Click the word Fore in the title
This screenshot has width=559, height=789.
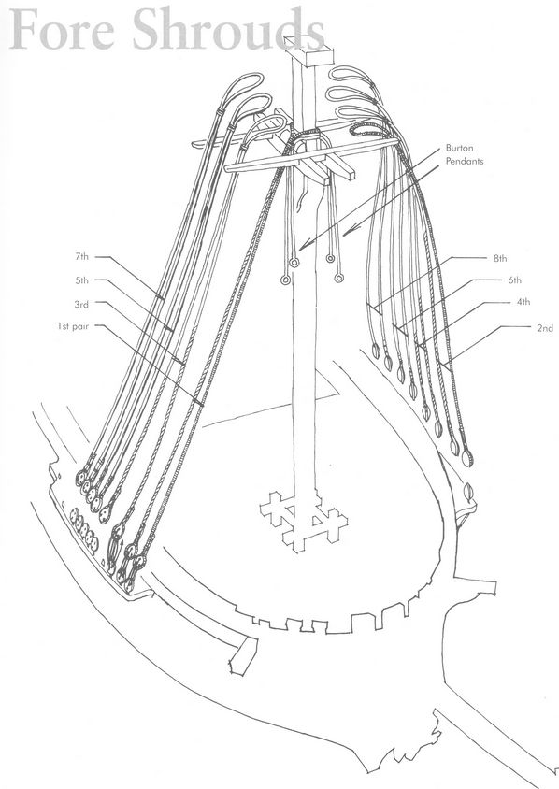pos(63,29)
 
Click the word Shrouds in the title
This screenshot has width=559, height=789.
pos(229,29)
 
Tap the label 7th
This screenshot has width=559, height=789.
pos(82,257)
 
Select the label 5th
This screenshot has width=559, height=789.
pos(82,280)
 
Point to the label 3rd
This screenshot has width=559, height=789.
pos(81,304)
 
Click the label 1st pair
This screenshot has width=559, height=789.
pos(73,326)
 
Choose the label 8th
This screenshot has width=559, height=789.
pos(500,259)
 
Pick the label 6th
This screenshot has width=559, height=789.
pos(515,280)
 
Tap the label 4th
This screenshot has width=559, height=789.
pos(523,302)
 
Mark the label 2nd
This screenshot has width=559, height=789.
pos(545,328)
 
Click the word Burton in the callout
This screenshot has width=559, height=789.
pos(459,148)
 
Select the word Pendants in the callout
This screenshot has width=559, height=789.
pos(465,161)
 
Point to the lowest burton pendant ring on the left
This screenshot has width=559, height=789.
pos(286,280)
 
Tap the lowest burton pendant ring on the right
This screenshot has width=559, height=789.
pos(338,278)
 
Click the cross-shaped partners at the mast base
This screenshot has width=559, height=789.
pos(304,523)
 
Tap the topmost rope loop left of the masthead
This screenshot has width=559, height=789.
pos(245,83)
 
